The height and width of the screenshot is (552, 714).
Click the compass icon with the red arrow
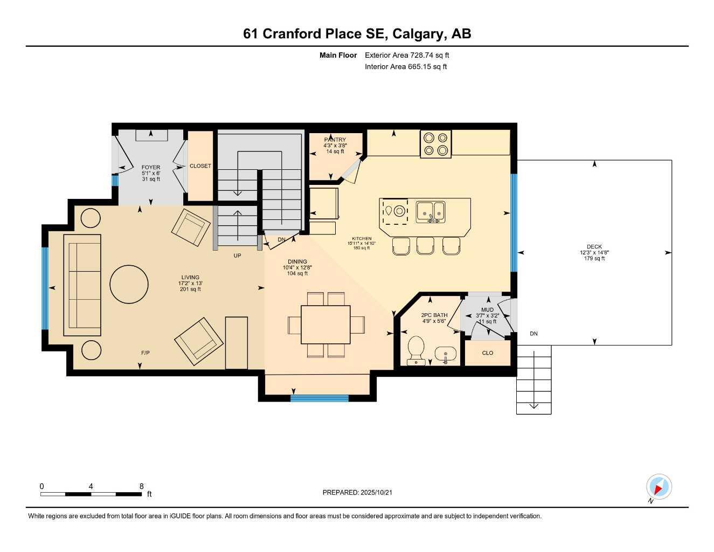pos(658,487)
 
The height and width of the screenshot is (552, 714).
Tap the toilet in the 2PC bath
pos(417,350)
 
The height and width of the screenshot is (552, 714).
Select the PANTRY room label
pos(335,140)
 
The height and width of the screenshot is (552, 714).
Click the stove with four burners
pos(436,144)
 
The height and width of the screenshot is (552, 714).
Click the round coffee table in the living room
pos(129,284)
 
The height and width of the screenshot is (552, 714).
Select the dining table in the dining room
pos(325,325)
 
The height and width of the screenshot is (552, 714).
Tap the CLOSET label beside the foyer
pos(200,166)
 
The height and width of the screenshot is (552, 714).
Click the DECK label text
pos(594,247)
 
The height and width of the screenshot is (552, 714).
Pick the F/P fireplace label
pos(145,353)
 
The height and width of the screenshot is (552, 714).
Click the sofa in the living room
pos(82,285)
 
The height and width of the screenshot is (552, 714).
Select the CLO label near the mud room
pos(488,353)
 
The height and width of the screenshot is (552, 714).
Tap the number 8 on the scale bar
pos(142,486)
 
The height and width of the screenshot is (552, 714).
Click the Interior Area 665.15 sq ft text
pos(406,67)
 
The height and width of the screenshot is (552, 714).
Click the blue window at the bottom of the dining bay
pos(320,398)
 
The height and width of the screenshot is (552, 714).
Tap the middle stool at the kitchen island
pos(425,246)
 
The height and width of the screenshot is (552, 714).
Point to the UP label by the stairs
pos(237,256)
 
